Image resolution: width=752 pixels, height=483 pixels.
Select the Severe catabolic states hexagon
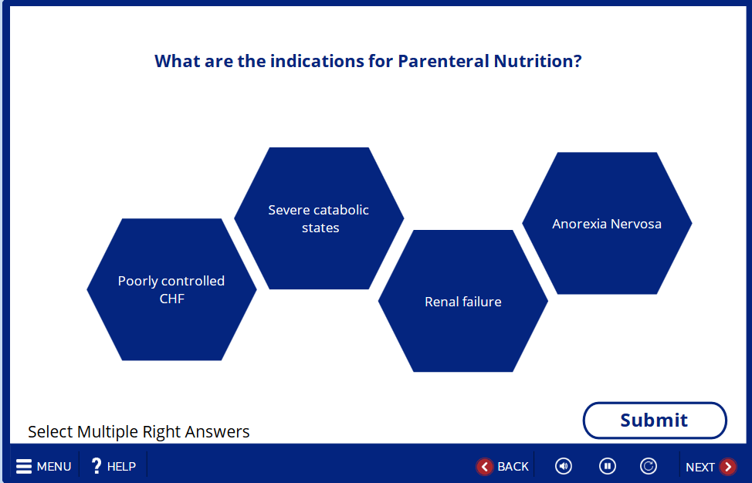tap(319, 218)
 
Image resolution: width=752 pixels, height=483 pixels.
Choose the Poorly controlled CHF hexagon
tap(171, 289)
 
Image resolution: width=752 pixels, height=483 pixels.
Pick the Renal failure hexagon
tap(463, 301)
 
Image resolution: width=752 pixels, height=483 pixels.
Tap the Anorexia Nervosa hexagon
tap(607, 223)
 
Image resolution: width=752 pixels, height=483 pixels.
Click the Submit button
tap(655, 421)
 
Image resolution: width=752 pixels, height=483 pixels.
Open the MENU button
tap(44, 466)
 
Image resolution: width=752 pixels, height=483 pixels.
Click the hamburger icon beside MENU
tap(24, 466)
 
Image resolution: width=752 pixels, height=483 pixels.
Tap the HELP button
tap(113, 466)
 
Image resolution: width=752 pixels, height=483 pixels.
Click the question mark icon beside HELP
tap(97, 466)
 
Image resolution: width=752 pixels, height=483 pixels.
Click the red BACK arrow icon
tap(484, 466)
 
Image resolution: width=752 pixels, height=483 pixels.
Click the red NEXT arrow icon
tap(728, 466)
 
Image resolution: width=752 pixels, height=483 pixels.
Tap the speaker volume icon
tap(564, 466)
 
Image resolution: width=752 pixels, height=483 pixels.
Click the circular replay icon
tap(649, 466)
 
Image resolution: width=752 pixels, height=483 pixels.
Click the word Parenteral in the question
tap(444, 61)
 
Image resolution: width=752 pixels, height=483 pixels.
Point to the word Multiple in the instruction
tap(106, 432)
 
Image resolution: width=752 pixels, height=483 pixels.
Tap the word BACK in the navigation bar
tap(513, 466)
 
